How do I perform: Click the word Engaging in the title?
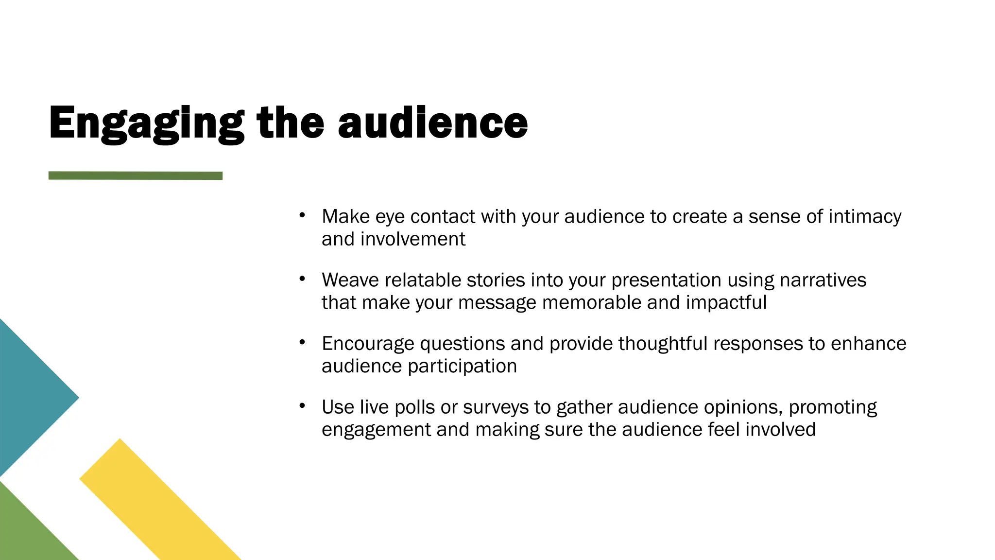pos(146,124)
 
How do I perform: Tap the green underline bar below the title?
pos(135,175)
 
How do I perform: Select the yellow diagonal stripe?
pos(160,501)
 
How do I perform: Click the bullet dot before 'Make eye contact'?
pos(302,215)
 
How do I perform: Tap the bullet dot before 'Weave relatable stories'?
pos(302,279)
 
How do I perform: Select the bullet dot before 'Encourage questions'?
pos(302,342)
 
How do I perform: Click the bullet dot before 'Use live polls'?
pos(302,405)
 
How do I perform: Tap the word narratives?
pos(823,280)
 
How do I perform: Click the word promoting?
pos(833,407)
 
